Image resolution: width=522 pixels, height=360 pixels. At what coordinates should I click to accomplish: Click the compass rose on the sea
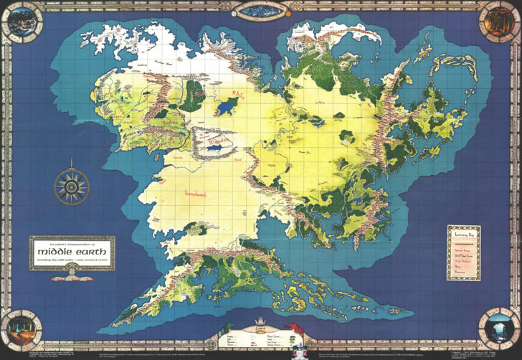72,185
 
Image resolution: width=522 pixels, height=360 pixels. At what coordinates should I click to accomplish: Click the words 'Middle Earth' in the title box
72,252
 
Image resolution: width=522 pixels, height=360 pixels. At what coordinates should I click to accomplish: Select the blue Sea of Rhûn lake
227,106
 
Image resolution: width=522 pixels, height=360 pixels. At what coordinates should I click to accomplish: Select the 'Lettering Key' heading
464,234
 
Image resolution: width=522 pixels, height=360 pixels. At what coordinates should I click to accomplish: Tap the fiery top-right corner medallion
500,19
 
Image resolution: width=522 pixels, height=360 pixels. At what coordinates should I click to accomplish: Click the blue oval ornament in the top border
260,10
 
